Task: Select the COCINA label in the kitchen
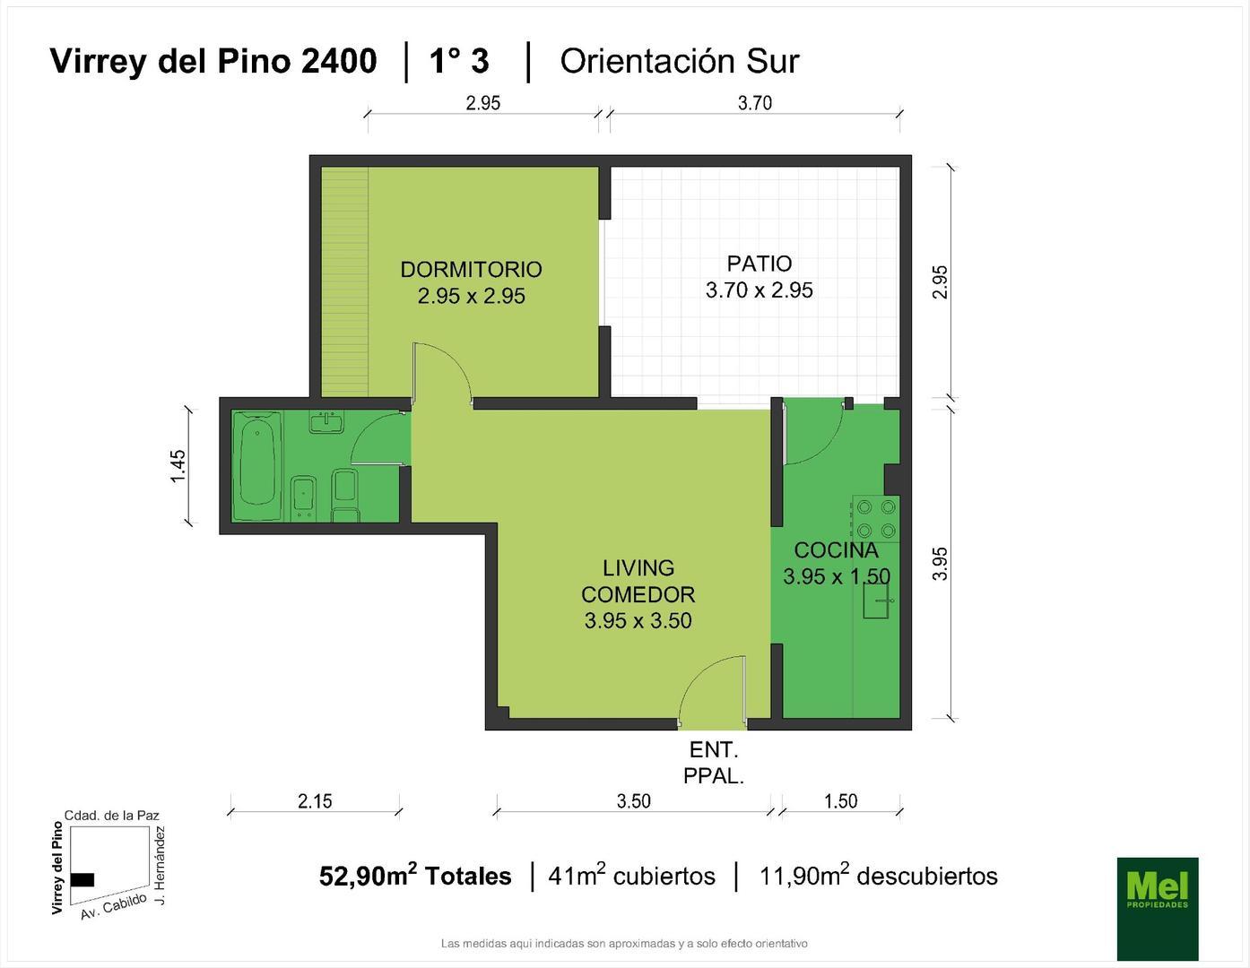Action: coord(836,550)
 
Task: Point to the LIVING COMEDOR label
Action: coord(638,581)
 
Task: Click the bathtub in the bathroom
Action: coord(258,466)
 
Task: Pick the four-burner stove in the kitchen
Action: coord(875,518)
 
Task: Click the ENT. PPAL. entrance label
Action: coord(714,763)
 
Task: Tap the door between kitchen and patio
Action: coord(812,435)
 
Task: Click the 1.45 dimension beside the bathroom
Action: coord(178,466)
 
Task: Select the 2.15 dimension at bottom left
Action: coord(315,800)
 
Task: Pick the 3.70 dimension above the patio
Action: coord(754,103)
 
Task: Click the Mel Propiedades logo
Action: coord(1157,908)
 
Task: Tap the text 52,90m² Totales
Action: coord(415,876)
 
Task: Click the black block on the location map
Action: coord(82,879)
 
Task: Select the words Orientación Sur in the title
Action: coord(679,61)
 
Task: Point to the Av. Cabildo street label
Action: coord(113,906)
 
